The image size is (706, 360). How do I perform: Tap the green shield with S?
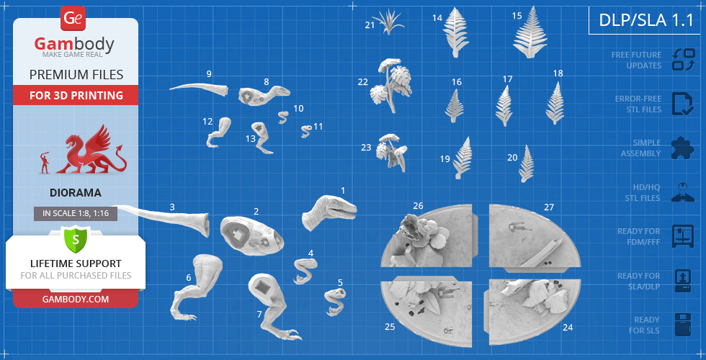(x=76, y=238)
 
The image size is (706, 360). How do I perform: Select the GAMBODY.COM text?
(x=76, y=299)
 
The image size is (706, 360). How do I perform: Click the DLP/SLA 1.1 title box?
(x=646, y=20)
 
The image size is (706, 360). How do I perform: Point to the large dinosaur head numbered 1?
(x=329, y=212)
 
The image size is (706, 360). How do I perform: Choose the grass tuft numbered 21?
(x=388, y=22)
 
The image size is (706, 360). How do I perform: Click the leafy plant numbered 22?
(x=390, y=84)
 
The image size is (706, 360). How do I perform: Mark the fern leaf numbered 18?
(x=555, y=103)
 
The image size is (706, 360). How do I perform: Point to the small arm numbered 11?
(x=306, y=131)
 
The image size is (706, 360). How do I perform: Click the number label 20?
(x=512, y=158)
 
